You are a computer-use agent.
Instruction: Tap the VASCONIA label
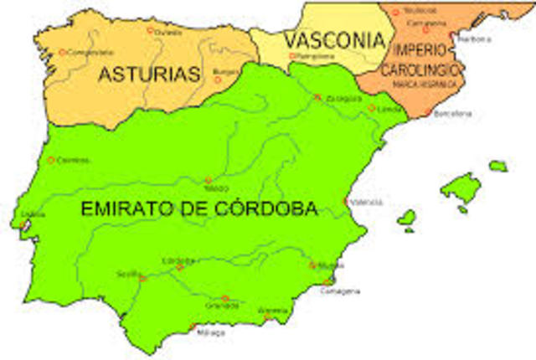[x=333, y=39]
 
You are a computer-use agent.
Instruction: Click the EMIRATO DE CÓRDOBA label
[x=199, y=209]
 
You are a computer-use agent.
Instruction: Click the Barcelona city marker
[x=427, y=112]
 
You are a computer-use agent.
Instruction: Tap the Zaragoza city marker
[x=317, y=97]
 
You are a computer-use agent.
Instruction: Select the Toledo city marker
[x=209, y=180]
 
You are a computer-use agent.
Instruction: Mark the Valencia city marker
[x=346, y=201]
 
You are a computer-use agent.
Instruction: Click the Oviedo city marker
[x=150, y=30]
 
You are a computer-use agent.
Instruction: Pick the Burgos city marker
[x=218, y=80]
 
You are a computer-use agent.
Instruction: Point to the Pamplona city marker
[x=291, y=56]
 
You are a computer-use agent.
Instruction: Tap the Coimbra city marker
[x=51, y=160]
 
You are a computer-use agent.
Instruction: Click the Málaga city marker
[x=192, y=327]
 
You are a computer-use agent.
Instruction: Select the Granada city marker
[x=224, y=298]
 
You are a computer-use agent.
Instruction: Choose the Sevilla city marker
[x=142, y=278]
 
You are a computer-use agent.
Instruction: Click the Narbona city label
[x=476, y=39]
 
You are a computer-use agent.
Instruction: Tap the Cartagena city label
[x=343, y=291]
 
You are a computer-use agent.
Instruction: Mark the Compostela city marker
[x=62, y=52]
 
